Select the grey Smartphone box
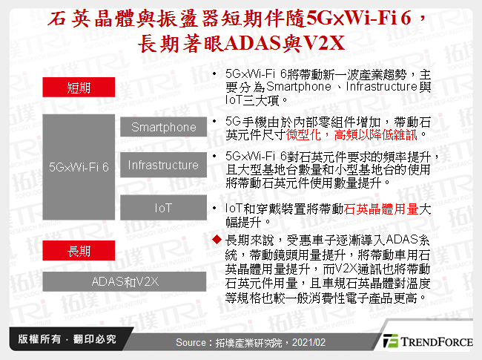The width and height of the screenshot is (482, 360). pos(163,127)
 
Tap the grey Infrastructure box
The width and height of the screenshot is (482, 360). pos(163,165)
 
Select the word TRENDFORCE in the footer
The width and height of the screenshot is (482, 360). pos(437,341)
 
